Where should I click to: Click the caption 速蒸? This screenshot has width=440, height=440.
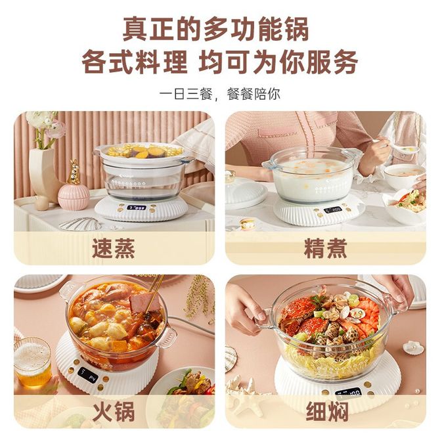[x=114, y=248]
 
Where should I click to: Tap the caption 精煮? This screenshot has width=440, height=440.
[x=326, y=248]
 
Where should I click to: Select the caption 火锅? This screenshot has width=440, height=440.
[x=114, y=412]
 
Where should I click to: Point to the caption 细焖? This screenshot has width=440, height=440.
[x=327, y=412]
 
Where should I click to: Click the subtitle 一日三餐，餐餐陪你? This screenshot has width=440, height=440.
[x=220, y=94]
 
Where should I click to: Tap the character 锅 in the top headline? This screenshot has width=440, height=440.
[x=296, y=29]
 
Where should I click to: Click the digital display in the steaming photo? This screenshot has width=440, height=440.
[x=137, y=208]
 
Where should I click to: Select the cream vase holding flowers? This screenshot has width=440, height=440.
[x=43, y=174]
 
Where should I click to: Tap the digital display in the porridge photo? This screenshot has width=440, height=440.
[x=333, y=209]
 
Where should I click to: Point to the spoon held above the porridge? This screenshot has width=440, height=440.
[x=399, y=146]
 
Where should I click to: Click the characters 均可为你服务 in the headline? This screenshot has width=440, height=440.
[x=278, y=62]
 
